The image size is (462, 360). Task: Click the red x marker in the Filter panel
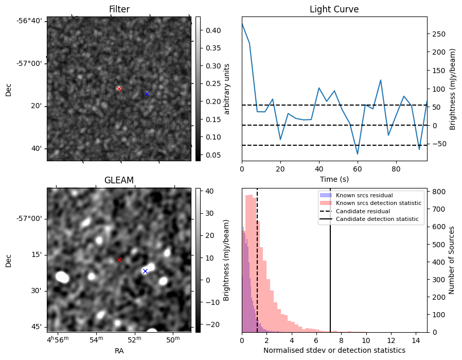119,89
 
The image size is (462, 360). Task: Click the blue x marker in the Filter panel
147,94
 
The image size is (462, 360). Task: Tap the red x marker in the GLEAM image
119,260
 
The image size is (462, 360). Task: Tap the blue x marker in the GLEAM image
145,271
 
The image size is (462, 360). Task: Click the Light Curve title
334,9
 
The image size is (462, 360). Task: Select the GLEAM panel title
119,180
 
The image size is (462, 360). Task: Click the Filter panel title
119,9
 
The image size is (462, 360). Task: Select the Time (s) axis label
334,178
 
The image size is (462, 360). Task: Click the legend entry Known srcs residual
364,196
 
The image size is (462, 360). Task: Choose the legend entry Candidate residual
363,212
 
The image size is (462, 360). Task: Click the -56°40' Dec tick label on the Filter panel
32,21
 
